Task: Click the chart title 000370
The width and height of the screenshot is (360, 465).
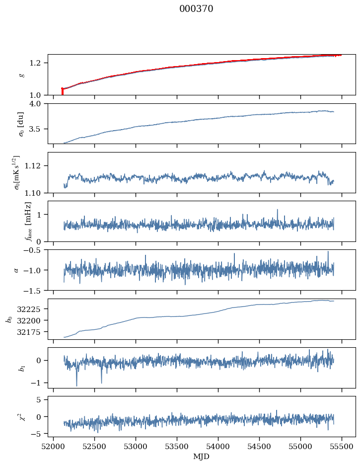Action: click(x=196, y=9)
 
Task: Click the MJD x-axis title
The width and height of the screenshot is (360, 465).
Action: click(x=202, y=456)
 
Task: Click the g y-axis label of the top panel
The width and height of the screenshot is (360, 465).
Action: click(x=21, y=75)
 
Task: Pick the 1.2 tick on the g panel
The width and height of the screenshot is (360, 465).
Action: click(x=38, y=63)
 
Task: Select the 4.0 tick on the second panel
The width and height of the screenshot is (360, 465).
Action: click(x=38, y=104)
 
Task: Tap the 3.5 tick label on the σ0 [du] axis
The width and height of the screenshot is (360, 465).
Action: click(x=38, y=129)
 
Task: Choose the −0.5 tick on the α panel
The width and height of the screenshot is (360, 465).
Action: click(x=35, y=250)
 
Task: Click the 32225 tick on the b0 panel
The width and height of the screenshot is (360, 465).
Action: click(x=32, y=309)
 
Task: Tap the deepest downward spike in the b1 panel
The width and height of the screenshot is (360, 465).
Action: click(x=76, y=385)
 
